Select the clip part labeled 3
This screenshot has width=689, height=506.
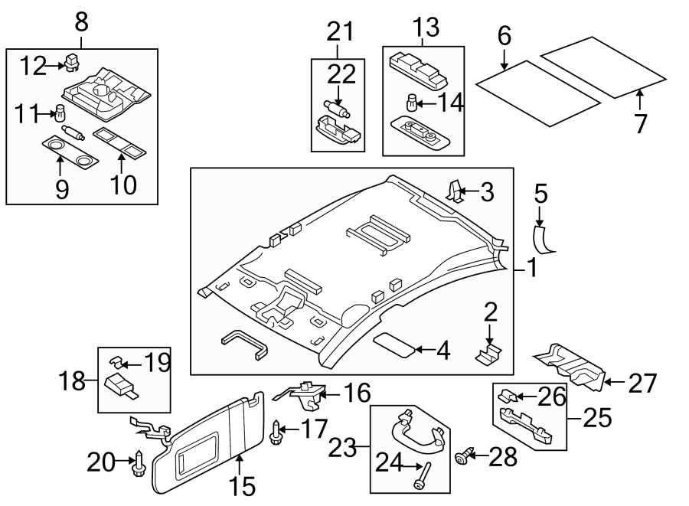pyautogui.click(x=454, y=188)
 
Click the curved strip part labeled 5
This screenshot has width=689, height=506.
pyautogui.click(x=544, y=239)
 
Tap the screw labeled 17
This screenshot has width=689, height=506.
pyautogui.click(x=275, y=432)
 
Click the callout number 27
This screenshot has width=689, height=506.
pyautogui.click(x=642, y=383)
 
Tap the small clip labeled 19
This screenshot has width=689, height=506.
pyautogui.click(x=118, y=361)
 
